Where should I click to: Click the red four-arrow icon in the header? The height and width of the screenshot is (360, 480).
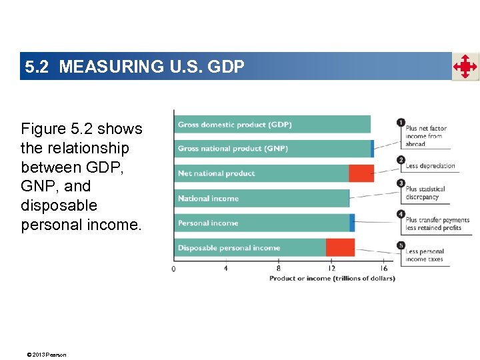465,67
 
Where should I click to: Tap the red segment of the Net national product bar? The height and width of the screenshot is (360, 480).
361,173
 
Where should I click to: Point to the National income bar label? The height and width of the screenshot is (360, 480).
208,199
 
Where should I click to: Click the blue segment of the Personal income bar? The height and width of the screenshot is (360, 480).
352,223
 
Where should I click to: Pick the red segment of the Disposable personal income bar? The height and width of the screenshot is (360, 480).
340,247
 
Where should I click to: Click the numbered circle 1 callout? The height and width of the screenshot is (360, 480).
401,123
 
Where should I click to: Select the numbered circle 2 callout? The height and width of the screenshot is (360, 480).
401,160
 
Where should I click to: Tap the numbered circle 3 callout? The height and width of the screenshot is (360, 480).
401,183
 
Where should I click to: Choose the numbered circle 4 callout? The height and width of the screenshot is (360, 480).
401,214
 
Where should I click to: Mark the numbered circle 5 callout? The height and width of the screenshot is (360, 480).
401,245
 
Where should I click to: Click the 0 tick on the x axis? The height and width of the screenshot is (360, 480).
174,269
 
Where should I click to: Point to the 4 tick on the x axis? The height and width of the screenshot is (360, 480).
226,269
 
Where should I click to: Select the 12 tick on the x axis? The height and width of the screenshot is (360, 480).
331,269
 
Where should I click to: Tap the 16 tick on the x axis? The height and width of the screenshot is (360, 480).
383,269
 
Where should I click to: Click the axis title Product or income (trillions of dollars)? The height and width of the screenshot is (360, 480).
332,278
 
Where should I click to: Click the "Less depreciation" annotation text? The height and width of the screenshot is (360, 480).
430,166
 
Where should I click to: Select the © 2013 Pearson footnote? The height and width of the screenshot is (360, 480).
43,355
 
